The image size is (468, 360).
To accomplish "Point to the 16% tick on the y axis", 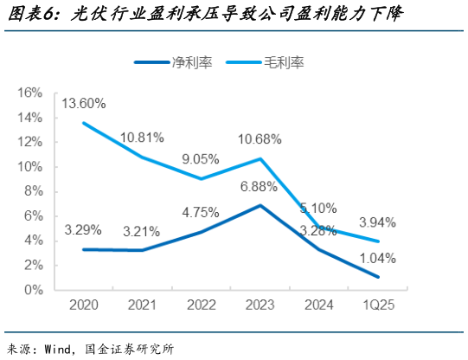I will (x=29, y=93).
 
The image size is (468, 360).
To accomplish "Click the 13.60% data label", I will (x=83, y=104).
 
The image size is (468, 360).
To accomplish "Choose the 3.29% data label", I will (x=83, y=230).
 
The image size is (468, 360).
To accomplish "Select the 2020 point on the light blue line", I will (x=83, y=122).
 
